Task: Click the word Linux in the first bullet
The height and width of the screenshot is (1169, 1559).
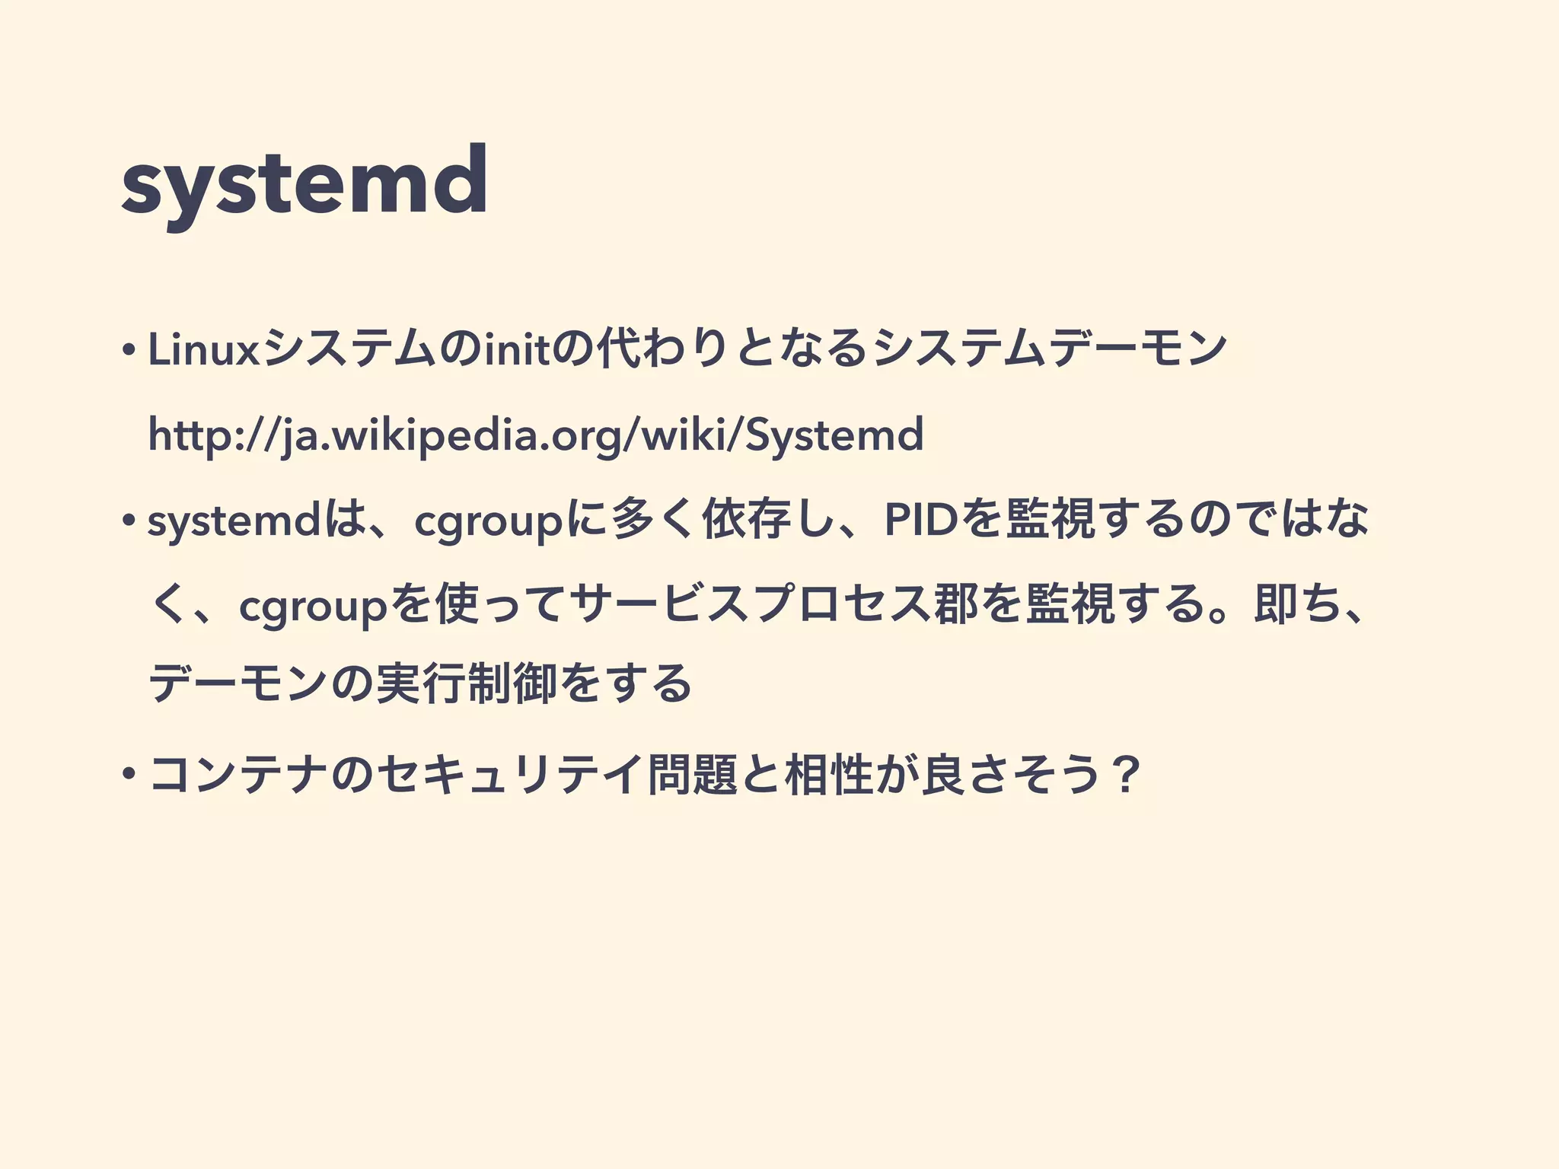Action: click(x=204, y=349)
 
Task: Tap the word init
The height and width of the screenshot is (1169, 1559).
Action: click(x=518, y=349)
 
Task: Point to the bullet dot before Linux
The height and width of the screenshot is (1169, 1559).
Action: click(x=129, y=351)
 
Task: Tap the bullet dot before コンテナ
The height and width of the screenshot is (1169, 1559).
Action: click(x=129, y=776)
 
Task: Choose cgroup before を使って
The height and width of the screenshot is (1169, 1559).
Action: click(x=313, y=607)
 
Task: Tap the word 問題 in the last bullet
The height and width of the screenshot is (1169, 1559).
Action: click(x=692, y=776)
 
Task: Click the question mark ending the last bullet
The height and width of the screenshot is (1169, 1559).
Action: click(x=1124, y=776)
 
